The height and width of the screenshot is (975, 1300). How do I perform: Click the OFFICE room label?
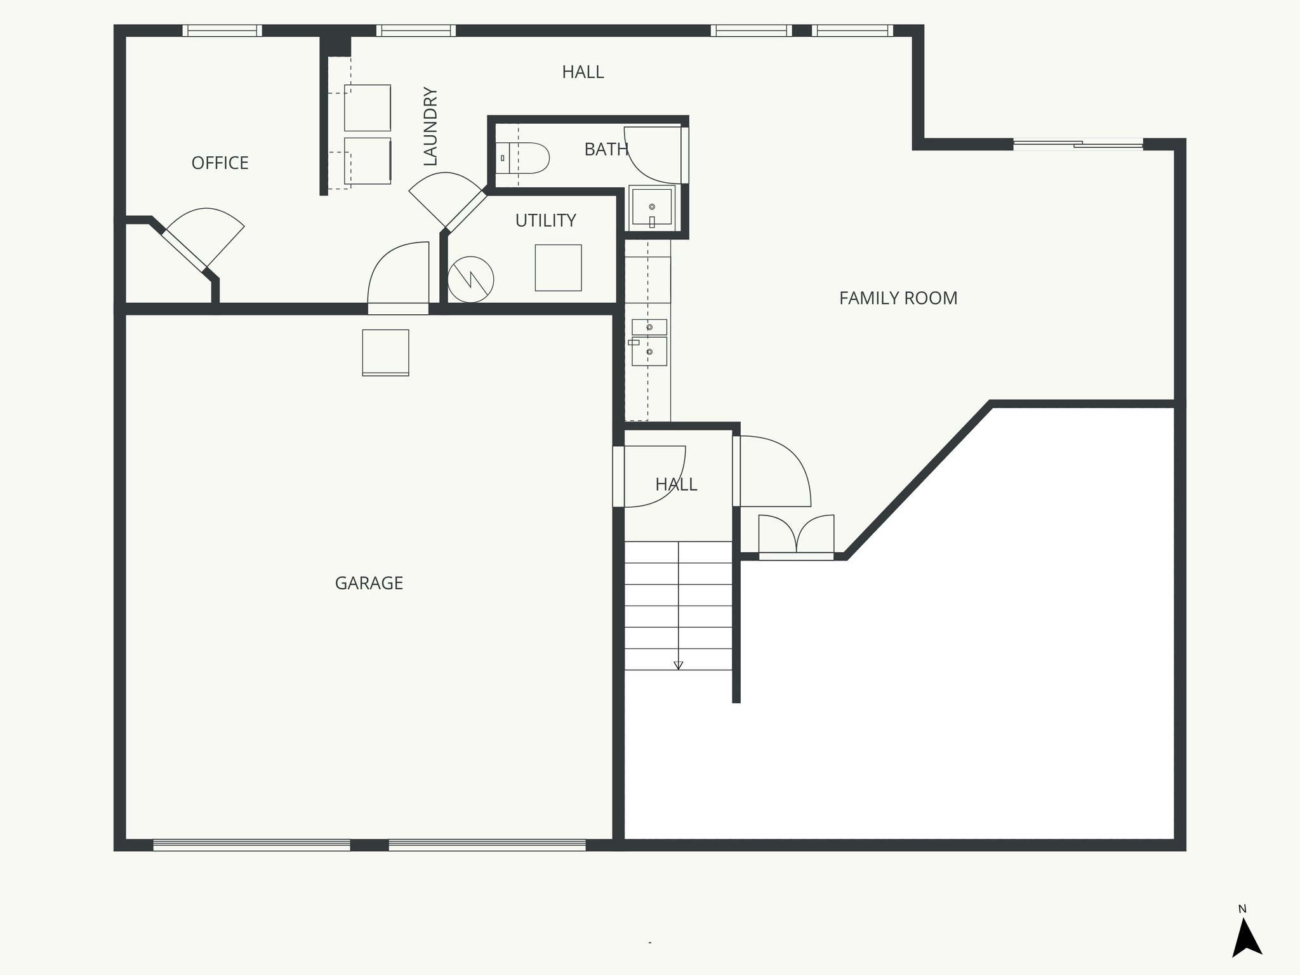pos(220,163)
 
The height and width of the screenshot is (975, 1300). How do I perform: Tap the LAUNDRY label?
pos(430,126)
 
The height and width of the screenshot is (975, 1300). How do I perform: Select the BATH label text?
pos(606,149)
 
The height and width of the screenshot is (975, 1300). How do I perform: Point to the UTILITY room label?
pos(545,220)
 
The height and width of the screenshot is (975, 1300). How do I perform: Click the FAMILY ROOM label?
pos(898,298)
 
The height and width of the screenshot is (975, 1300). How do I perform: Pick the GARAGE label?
pos(369,583)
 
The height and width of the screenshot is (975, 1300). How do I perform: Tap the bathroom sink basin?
pos(651,207)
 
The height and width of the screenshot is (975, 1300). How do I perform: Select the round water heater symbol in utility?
pos(470,279)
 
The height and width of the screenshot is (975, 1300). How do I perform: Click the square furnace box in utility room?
pos(558,268)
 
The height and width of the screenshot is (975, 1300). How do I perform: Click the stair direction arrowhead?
pos(678,665)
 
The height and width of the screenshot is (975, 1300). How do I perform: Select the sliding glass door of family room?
pos(1078,145)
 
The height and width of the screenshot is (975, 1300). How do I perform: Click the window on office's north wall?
pos(222,30)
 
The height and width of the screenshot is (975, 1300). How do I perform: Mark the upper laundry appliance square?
pos(367,108)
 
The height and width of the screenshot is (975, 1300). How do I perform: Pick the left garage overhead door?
pos(251,845)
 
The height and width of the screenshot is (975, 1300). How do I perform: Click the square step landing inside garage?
pos(385,352)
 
